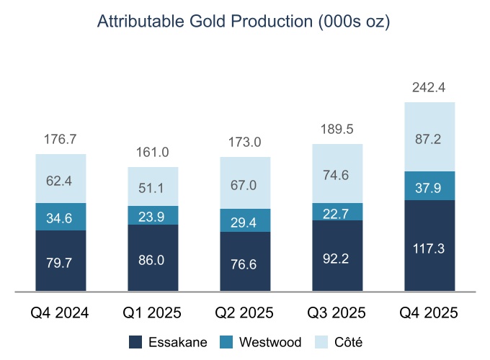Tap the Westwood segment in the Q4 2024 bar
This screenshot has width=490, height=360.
tap(61, 217)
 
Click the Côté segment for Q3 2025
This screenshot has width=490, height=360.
tap(337, 174)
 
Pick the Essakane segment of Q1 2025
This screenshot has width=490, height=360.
tap(153, 258)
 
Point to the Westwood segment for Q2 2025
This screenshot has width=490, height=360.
tap(245, 220)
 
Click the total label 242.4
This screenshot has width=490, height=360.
tap(429, 89)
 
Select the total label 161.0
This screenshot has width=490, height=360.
tap(153, 153)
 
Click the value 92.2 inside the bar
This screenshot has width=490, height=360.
tap(337, 256)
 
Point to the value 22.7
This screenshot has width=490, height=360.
tap(337, 212)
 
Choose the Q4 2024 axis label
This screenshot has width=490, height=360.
tap(61, 313)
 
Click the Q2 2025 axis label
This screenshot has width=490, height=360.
tap(245, 313)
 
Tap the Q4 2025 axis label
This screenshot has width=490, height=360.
tap(429, 313)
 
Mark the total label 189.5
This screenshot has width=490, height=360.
tap(337, 130)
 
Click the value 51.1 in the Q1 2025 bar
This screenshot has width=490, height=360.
tap(153, 189)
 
